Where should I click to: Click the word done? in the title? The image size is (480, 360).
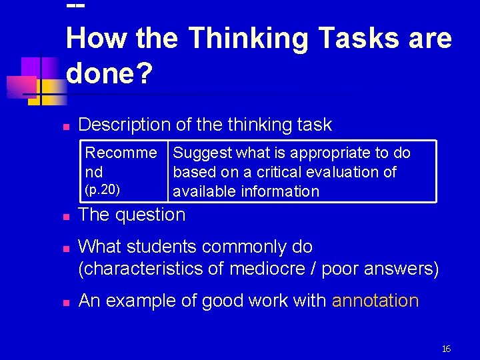(x=109, y=75)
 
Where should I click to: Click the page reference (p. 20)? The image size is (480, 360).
(x=103, y=189)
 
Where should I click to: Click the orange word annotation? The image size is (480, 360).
(x=375, y=301)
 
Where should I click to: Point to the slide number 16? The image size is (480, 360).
(x=446, y=349)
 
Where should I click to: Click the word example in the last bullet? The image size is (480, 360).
(x=141, y=301)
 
